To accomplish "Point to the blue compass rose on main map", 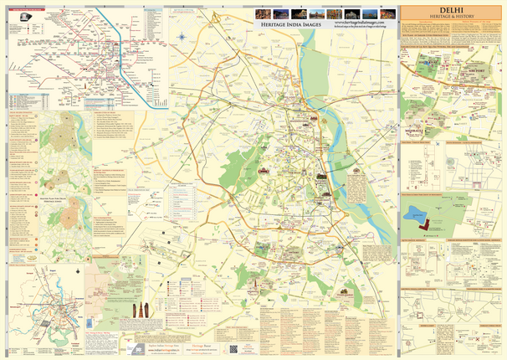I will [182, 36].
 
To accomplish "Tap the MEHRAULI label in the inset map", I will [416, 131].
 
